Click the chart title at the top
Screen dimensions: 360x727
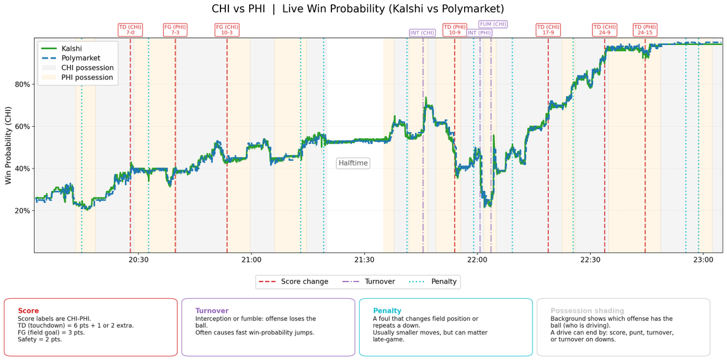point(357,9)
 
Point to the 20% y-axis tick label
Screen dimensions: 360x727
point(22,211)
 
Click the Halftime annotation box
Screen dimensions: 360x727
point(353,163)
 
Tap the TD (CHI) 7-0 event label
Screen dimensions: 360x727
point(130,30)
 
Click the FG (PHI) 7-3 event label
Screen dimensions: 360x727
point(176,30)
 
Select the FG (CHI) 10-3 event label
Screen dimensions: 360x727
point(227,30)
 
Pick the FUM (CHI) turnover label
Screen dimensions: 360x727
point(493,24)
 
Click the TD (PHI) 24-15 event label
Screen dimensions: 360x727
point(645,30)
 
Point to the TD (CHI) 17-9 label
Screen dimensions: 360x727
point(548,30)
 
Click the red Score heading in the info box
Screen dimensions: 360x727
point(28,311)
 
